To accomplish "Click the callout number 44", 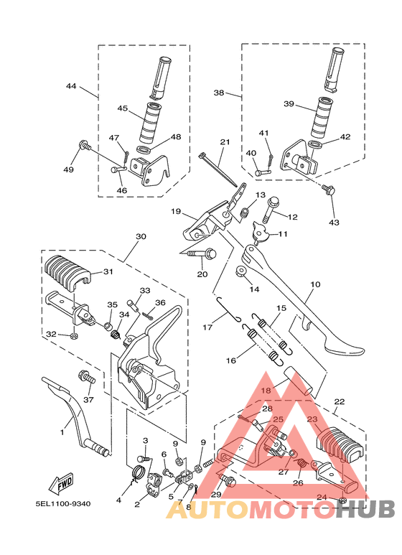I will pos(70,86).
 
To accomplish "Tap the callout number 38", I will pos(219,93).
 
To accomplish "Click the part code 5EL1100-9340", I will pos(64,503).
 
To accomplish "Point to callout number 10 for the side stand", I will pos(314,285).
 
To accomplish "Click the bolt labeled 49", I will pos(84,146).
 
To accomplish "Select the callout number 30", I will pos(140,236).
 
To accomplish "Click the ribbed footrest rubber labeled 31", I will pos(67,274).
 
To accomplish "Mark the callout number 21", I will pos(225,142).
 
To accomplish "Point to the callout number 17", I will pos(207,327).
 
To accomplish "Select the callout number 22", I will pos(339,401).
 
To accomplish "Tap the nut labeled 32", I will pos(74,335).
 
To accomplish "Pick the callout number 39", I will pos(289,104).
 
